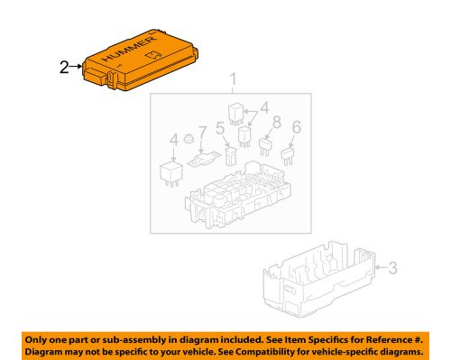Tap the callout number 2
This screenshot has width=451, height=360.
coord(63,67)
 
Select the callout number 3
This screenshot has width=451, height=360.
coord(392,267)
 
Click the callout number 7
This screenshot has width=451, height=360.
coord(201,133)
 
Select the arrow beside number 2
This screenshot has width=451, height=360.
coord(78,67)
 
